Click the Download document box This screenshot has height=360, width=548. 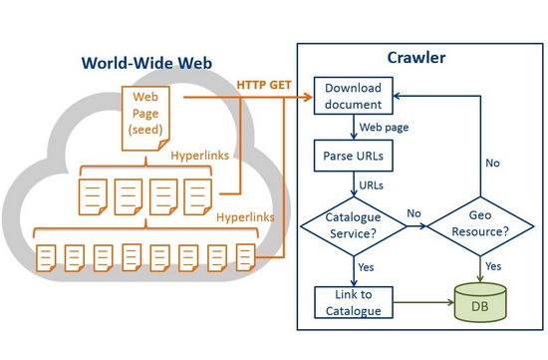coord(354,96)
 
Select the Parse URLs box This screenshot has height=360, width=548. coord(354,156)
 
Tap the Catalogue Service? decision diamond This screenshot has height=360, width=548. coord(354,226)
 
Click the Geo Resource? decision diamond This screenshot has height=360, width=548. coord(480,226)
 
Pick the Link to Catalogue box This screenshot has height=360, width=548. coord(354,302)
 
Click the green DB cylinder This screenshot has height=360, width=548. coord(480,302)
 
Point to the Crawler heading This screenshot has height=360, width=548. coord(416,58)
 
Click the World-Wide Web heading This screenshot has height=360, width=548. coord(146,63)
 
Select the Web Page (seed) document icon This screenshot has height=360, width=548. coord(145,119)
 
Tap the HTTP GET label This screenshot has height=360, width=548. coord(264,85)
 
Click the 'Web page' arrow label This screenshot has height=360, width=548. coord(384,128)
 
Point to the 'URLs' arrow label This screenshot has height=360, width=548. coord(372,185)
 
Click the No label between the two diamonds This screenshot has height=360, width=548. coord(413,213)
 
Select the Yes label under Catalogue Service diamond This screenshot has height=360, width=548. coord(366,267)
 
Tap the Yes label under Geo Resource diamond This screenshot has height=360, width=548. coord(493,266)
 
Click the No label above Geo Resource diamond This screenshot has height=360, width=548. coord(492,163)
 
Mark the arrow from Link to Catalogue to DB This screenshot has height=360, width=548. coord(423,302)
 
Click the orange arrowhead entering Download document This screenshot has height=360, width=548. coord(308,97)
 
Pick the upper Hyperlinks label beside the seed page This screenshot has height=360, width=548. coord(200,156)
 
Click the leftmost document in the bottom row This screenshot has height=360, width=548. coord(46,258)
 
